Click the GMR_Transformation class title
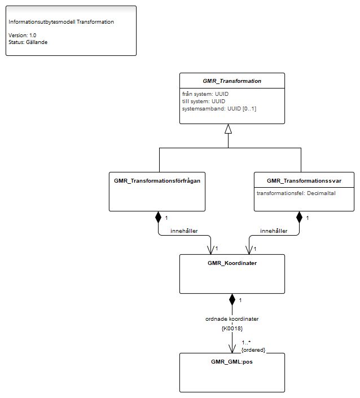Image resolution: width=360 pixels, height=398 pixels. point(232,81)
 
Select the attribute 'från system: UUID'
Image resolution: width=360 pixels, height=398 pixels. point(205,94)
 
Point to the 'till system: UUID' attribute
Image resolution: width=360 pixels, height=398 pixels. point(204,101)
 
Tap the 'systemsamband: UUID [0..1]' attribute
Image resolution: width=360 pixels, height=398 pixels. point(219,109)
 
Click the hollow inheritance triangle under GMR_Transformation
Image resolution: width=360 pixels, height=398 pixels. point(228,129)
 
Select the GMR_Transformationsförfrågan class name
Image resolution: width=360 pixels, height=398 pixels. point(157,181)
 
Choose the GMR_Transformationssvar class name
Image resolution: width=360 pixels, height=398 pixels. point(304,181)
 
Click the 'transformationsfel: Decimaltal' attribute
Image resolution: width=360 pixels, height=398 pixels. point(296,193)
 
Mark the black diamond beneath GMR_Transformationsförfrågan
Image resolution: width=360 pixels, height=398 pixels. point(159,217)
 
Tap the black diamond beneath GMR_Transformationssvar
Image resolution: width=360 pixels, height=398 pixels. point(299,217)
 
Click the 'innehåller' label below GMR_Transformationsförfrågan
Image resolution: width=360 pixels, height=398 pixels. point(184,231)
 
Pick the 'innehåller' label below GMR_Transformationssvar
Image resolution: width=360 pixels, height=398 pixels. point(274,231)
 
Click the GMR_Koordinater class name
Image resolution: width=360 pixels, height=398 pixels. point(232,263)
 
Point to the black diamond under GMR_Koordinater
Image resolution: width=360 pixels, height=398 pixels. point(232,299)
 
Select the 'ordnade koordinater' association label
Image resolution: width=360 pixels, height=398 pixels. point(232,319)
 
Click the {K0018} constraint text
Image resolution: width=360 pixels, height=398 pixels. point(232,329)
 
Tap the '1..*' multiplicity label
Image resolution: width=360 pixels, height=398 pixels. point(246,342)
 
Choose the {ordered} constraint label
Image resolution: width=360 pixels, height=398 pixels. point(253,350)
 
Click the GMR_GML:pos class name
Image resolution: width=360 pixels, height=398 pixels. point(232,362)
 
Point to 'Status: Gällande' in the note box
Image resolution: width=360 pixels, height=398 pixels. point(28,42)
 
